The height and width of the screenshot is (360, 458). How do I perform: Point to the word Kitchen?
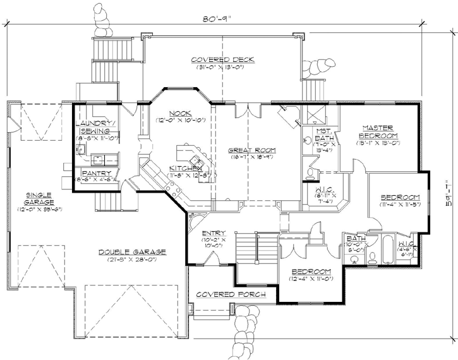(x=184, y=169)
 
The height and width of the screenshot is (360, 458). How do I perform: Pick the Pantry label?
(x=97, y=173)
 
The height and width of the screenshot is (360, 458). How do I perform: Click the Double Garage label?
(x=132, y=251)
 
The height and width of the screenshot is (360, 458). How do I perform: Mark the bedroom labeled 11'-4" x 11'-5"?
(x=400, y=196)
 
